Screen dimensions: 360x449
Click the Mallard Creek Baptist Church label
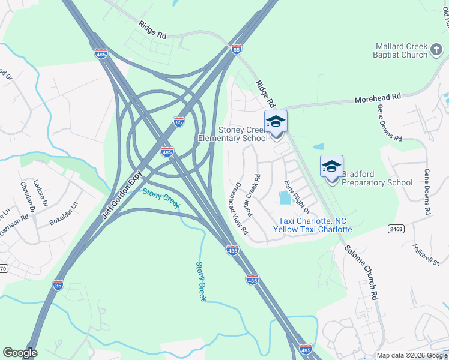pos(401,50)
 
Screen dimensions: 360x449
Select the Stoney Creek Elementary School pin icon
pos(276,122)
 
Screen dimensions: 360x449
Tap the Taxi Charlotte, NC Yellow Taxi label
pos(312,225)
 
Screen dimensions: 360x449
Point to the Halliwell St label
pos(426,254)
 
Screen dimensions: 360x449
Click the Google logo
pos(20,353)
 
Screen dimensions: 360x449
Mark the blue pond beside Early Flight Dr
pos(284,197)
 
